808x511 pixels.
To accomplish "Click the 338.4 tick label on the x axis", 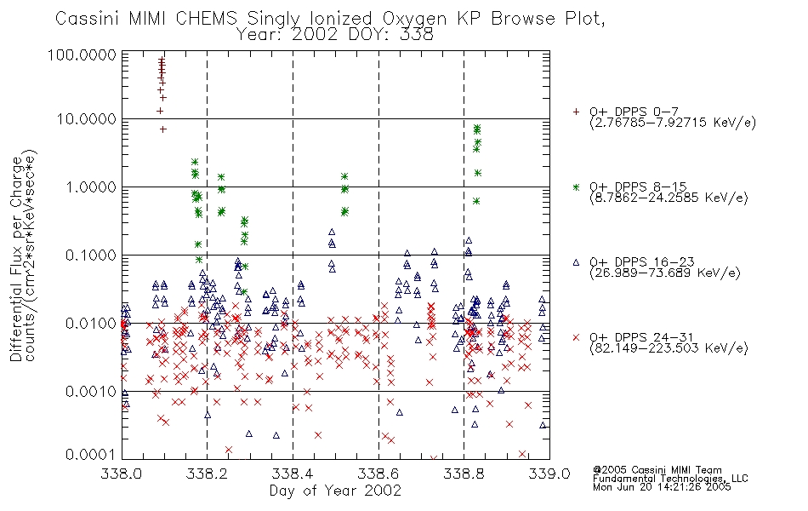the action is tap(293, 474).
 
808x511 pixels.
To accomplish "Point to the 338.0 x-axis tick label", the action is tap(122, 474).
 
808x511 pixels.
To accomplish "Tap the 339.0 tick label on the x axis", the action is tap(549, 474).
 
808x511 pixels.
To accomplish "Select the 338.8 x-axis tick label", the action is tap(464, 474).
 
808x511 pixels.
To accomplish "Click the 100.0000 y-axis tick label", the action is tap(83, 55).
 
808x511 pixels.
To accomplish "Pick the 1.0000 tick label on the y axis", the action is tap(91, 187).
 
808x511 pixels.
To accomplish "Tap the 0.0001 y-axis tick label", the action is tap(91, 455).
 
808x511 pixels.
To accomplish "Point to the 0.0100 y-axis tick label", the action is tap(91, 324).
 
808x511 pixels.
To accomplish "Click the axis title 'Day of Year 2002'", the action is tap(335, 491).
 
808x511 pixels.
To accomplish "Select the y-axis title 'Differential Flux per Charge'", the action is tap(16, 258).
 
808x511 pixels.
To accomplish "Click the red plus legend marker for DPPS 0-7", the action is tap(576, 112).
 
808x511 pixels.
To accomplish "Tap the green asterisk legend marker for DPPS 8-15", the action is tap(576, 187).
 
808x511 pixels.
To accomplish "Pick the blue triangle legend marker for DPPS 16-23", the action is tap(576, 262).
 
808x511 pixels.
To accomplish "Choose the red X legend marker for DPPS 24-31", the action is tap(576, 337).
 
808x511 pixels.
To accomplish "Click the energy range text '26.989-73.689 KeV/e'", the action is tap(665, 273).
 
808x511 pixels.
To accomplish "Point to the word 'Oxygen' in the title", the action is tap(414, 19).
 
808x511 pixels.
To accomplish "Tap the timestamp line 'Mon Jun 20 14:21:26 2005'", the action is tap(662, 487).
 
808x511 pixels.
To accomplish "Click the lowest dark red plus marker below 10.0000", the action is tap(162, 129).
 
